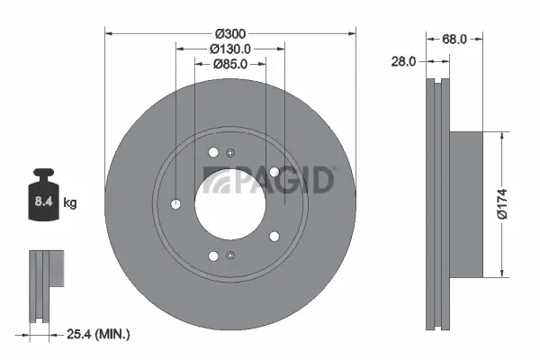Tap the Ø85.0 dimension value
[230, 64]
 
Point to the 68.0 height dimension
[454, 39]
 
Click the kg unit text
[70, 203]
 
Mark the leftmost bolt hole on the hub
[175, 203]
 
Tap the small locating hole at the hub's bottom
[230, 256]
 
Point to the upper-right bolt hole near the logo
[273, 172]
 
